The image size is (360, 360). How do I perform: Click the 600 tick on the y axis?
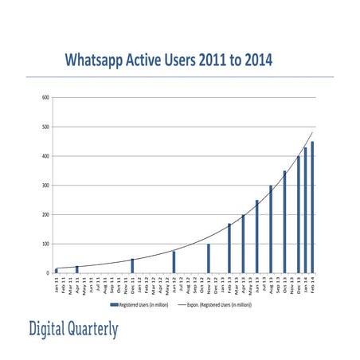(x=46, y=98)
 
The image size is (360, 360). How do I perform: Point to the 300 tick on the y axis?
(x=46, y=186)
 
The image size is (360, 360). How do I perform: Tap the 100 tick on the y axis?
(x=46, y=244)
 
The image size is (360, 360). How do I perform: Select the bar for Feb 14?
(x=312, y=207)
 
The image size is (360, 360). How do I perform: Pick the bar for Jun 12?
(x=174, y=262)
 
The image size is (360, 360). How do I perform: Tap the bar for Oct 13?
(x=284, y=222)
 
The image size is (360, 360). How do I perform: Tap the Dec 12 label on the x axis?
(x=216, y=284)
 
